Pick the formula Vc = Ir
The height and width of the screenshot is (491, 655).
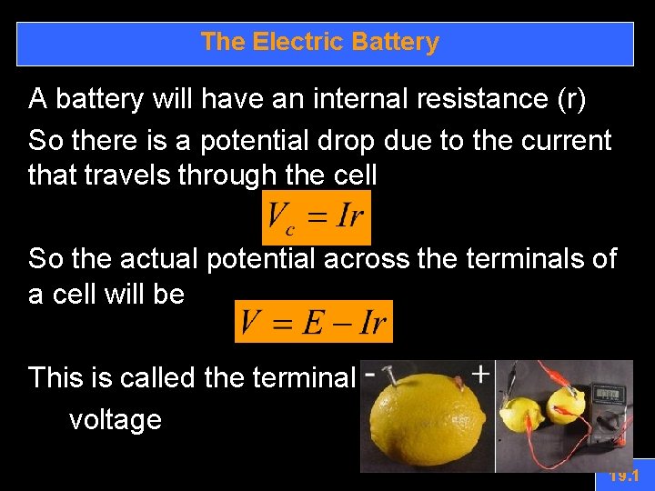click(316, 217)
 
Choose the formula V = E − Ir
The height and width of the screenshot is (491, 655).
click(313, 321)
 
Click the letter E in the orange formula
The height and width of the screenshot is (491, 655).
click(314, 321)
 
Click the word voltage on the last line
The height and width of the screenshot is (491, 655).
click(116, 420)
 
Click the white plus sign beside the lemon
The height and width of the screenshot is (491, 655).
click(479, 374)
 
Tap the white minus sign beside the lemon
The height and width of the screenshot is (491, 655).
click(370, 374)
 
